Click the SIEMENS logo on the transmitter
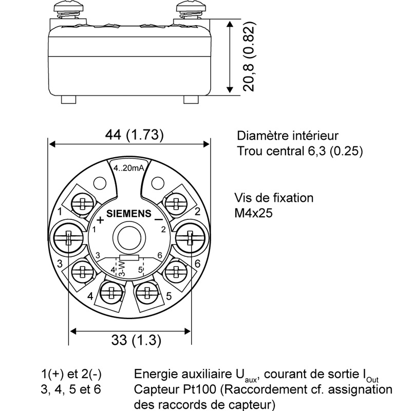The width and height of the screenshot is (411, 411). point(129,214)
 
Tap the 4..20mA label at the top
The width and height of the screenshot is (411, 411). point(129,168)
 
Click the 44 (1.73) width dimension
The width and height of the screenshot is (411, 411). point(134,135)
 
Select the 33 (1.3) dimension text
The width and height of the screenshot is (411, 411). point(136,340)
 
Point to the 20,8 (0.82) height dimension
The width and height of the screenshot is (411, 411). point(249,56)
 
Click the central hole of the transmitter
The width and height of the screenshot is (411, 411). point(129,238)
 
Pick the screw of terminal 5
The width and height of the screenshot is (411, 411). point(147,292)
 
